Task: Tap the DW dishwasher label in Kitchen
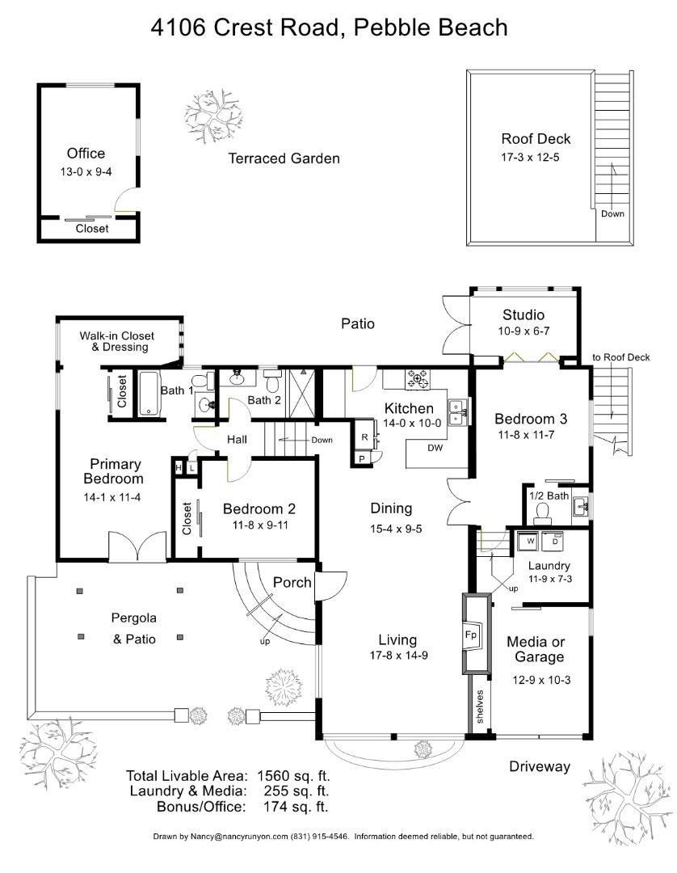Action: (x=434, y=447)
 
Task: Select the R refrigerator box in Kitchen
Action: (x=365, y=436)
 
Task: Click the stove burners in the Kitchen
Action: (x=418, y=377)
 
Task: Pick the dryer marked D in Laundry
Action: (x=555, y=540)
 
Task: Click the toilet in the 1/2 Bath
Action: (x=542, y=510)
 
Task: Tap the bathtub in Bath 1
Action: (x=151, y=393)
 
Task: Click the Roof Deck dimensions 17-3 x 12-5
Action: (x=530, y=157)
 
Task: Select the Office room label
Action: (x=86, y=154)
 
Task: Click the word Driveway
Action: (x=539, y=766)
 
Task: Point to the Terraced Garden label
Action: (x=284, y=158)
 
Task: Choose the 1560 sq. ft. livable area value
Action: (x=293, y=776)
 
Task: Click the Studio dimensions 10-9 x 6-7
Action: (x=523, y=331)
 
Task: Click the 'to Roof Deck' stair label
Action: (x=620, y=357)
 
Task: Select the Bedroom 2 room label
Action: (x=259, y=509)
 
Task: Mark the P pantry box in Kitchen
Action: (x=360, y=458)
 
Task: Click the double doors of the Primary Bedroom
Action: (x=138, y=549)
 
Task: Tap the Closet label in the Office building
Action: (x=91, y=229)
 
